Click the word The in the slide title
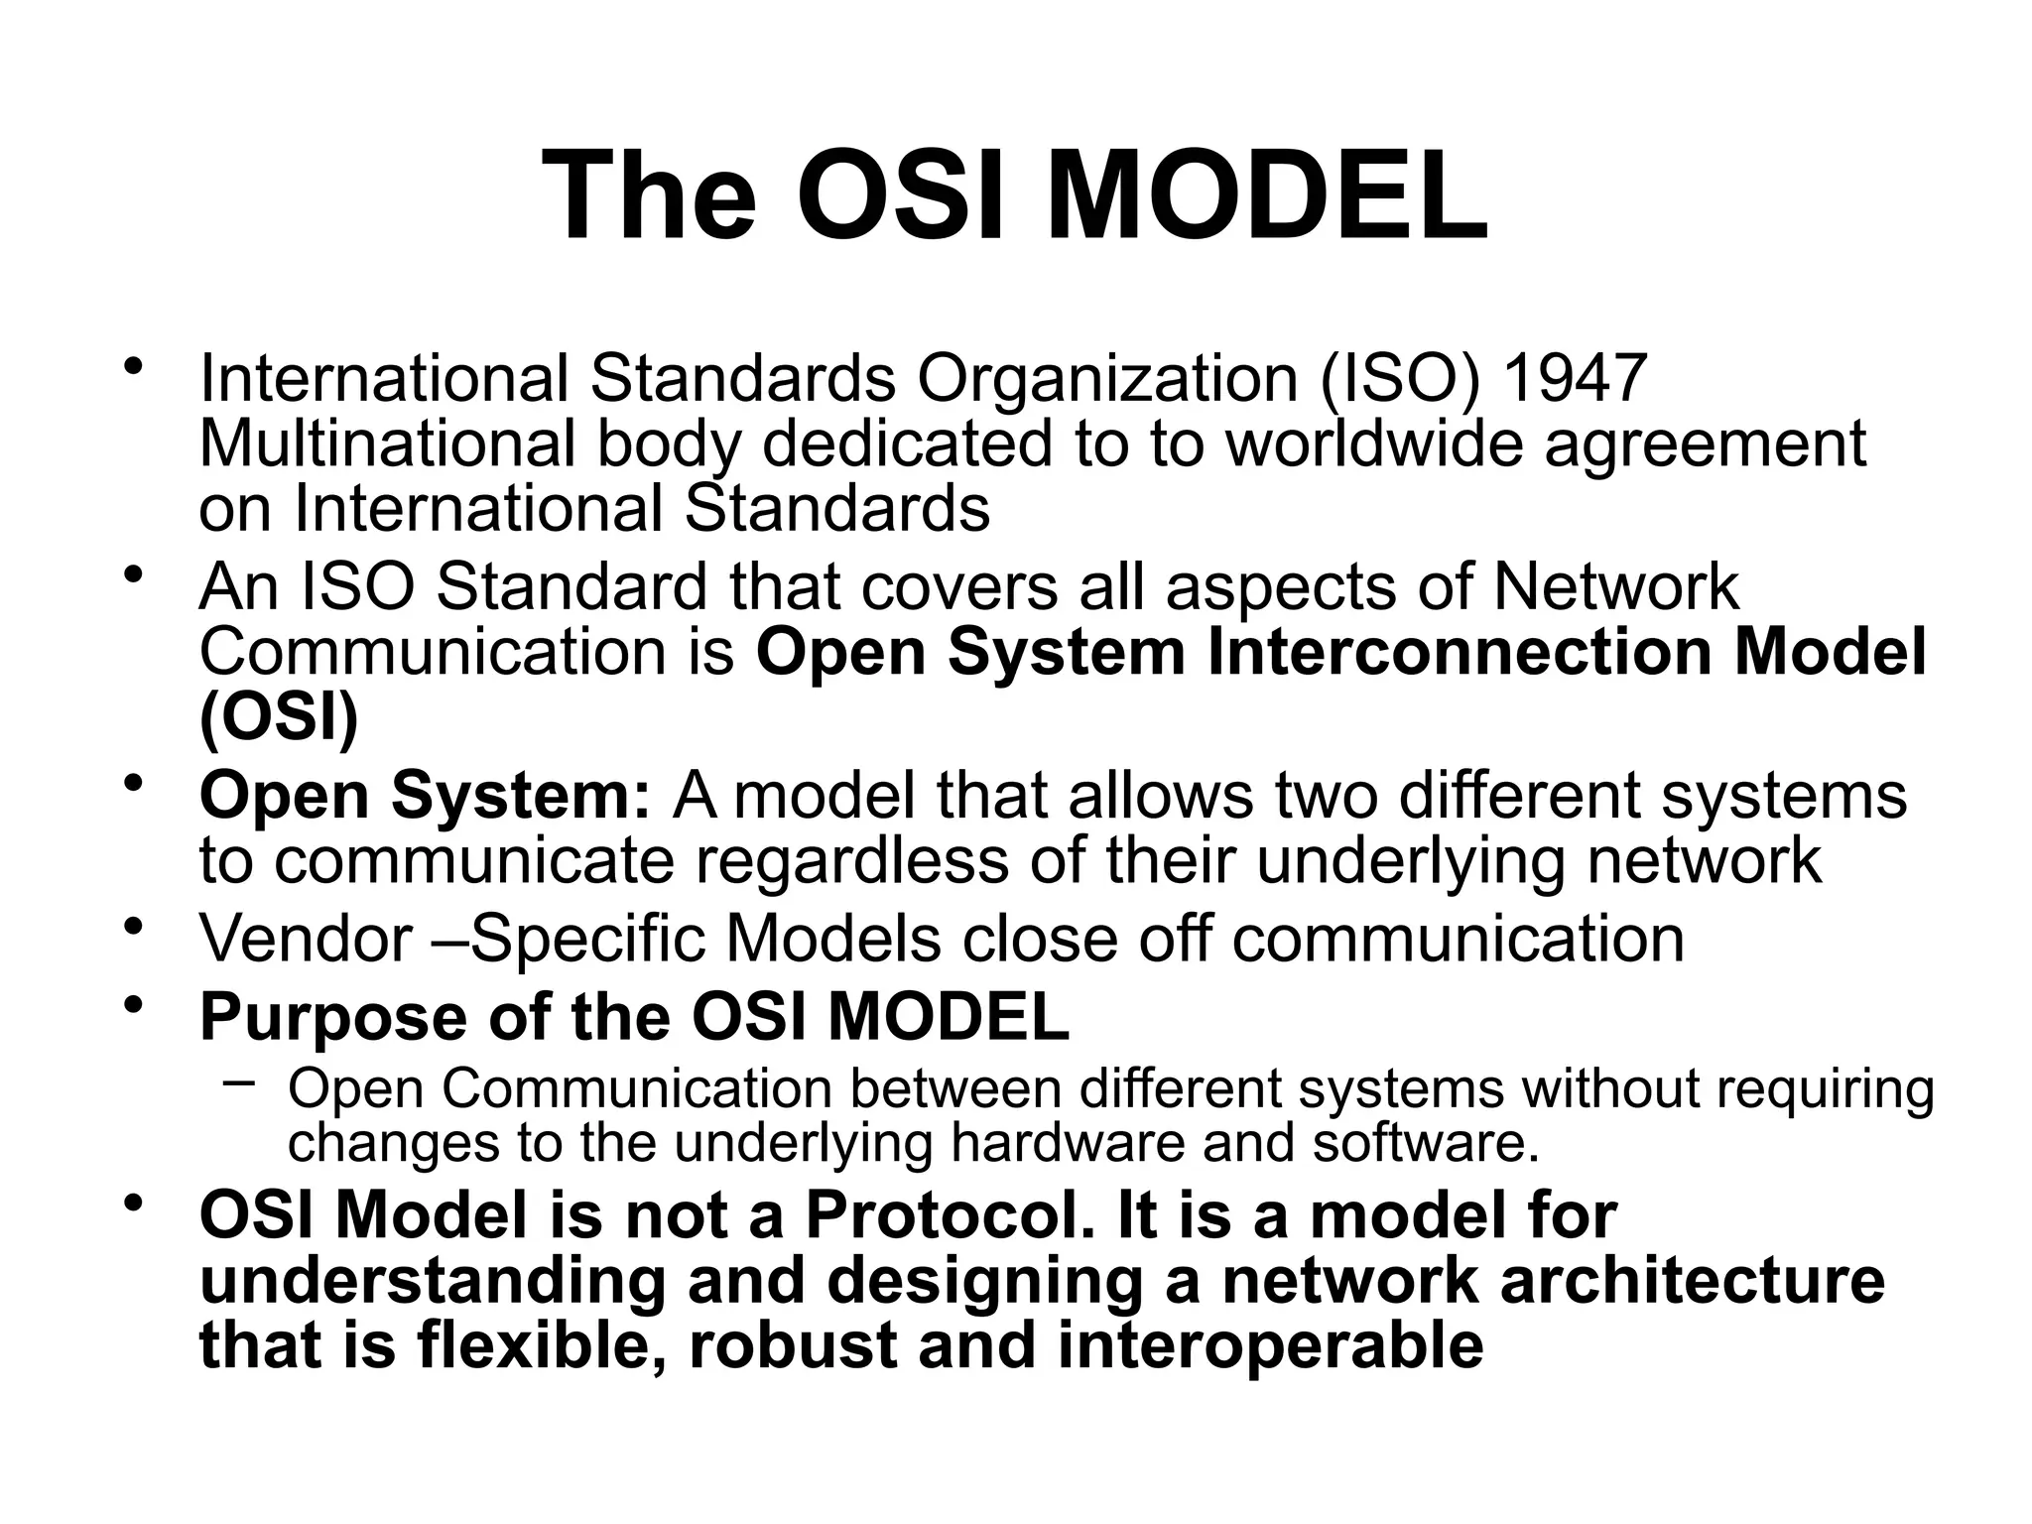click(x=650, y=195)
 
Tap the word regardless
click(x=851, y=859)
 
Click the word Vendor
click(x=306, y=938)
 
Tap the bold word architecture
click(x=1692, y=1280)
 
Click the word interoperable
click(x=1271, y=1344)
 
